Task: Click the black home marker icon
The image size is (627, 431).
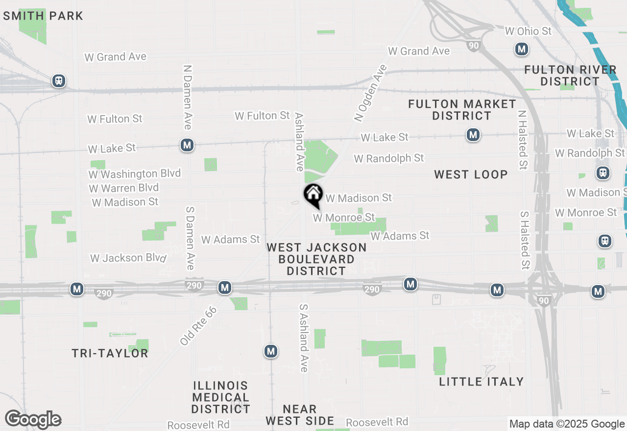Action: click(x=313, y=194)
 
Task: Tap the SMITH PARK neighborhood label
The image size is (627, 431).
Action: click(x=43, y=16)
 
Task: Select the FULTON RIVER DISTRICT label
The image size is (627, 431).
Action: click(x=570, y=75)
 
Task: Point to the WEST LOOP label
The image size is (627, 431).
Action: click(x=471, y=174)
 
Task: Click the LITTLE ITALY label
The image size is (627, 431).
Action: click(x=481, y=381)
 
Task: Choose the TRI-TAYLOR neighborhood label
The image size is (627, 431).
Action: click(x=110, y=353)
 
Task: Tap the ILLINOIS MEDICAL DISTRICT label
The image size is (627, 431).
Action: click(x=220, y=397)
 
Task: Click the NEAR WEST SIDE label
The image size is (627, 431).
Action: click(x=300, y=415)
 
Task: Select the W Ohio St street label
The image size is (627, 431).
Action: click(x=528, y=31)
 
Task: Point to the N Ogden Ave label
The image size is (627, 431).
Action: click(x=371, y=93)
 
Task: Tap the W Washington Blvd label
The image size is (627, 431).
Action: click(x=135, y=173)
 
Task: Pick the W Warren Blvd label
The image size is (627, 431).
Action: click(x=124, y=188)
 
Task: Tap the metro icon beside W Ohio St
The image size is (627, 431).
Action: click(x=522, y=49)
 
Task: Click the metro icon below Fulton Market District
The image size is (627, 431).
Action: click(x=473, y=135)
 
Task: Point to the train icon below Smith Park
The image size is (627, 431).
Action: click(x=59, y=81)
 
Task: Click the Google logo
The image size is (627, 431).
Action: click(x=33, y=419)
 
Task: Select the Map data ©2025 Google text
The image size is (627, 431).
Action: click(x=567, y=424)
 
